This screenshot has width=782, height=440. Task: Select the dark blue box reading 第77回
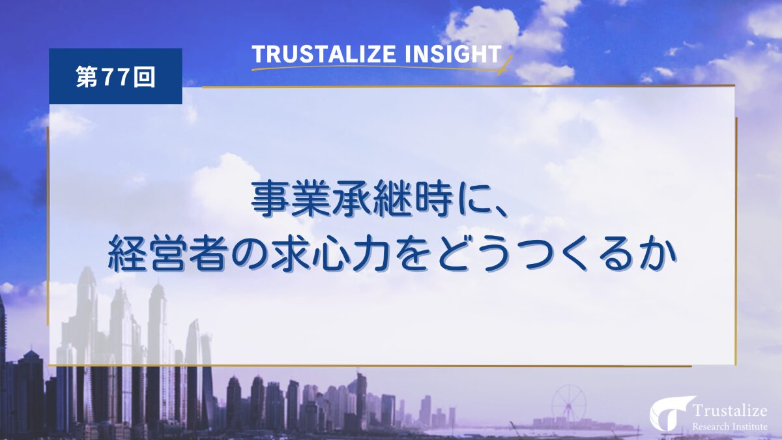(x=115, y=76)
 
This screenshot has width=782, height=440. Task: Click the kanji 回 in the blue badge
(x=144, y=77)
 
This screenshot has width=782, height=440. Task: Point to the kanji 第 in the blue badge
(x=87, y=77)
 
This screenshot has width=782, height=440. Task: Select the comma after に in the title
(x=498, y=211)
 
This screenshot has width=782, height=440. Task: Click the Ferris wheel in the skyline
(x=569, y=404)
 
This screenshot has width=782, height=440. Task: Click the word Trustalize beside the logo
(x=729, y=411)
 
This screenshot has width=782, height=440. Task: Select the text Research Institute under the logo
(x=730, y=426)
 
